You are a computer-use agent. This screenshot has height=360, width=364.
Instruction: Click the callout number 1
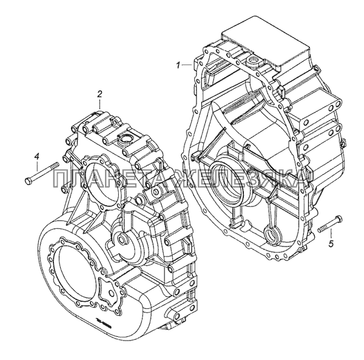[178, 64]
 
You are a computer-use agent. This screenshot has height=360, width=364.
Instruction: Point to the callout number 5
[331, 244]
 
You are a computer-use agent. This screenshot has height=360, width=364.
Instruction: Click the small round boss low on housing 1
[271, 233]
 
